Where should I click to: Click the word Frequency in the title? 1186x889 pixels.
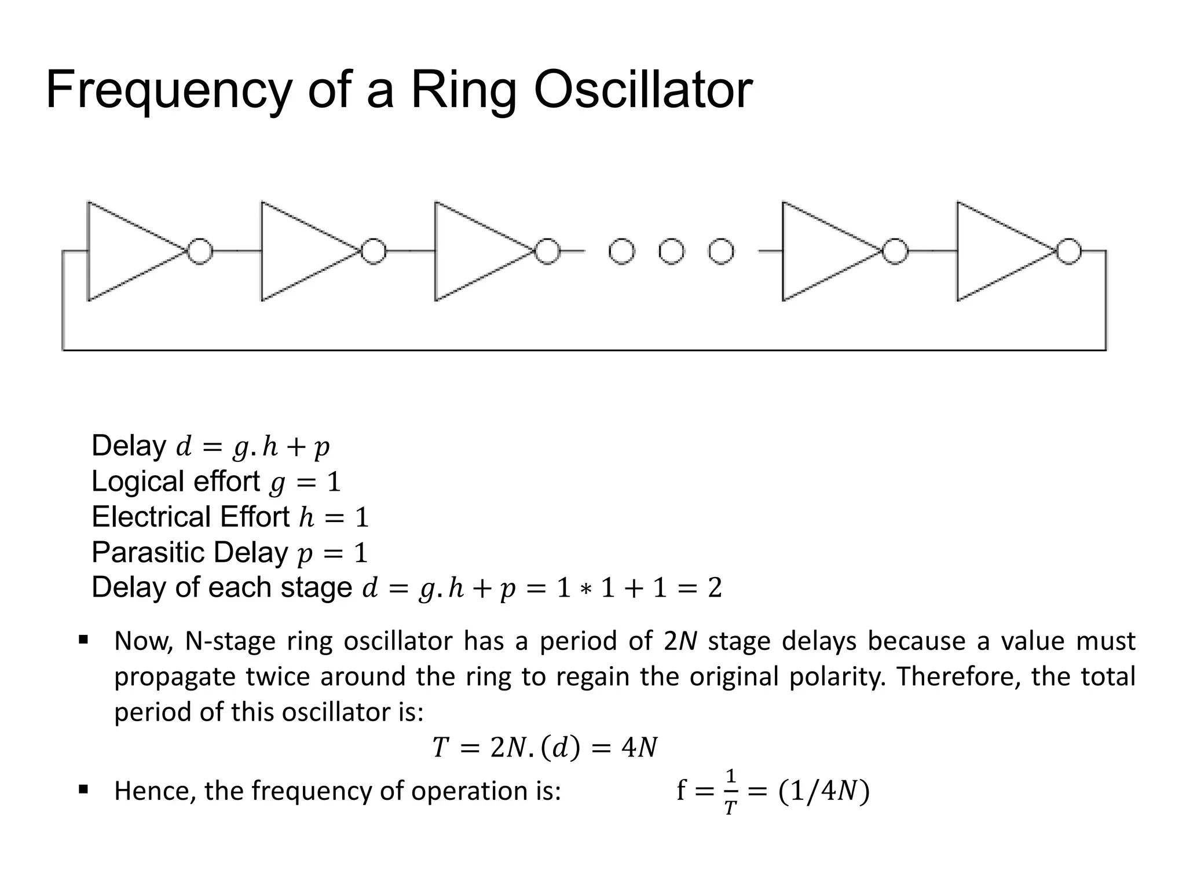[x=168, y=91]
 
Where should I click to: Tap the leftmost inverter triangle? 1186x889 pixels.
[x=127, y=252]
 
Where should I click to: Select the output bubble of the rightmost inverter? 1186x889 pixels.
[x=1068, y=252]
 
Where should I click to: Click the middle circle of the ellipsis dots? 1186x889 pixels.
[x=671, y=252]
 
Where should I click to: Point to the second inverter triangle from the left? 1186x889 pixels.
[x=301, y=252]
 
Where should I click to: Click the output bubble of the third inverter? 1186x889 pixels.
[x=547, y=252]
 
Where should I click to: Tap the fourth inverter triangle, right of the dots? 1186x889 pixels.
[x=822, y=252]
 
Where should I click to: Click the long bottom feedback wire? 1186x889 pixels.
[x=579, y=350]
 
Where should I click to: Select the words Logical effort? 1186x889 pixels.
[x=175, y=482]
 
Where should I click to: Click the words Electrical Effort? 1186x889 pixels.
[x=191, y=517]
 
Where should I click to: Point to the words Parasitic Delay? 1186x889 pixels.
[x=189, y=552]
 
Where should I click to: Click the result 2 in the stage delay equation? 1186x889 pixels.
[x=715, y=589]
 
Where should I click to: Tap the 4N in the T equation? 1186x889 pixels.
[x=639, y=748]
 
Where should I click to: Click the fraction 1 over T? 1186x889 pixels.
[x=730, y=792]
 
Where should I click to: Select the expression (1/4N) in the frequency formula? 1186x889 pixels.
[x=823, y=791]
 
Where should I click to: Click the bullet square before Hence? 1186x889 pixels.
[x=83, y=788]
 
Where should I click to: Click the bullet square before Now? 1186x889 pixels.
[x=83, y=640]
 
